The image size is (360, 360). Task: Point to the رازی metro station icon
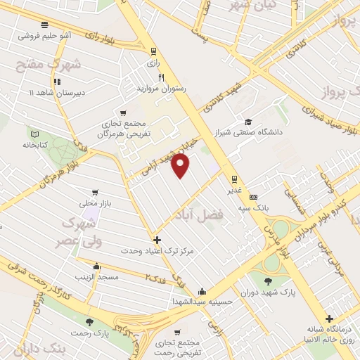[153, 51]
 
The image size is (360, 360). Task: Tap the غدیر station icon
[234, 178]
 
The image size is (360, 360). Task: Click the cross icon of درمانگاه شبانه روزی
[328, 318]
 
